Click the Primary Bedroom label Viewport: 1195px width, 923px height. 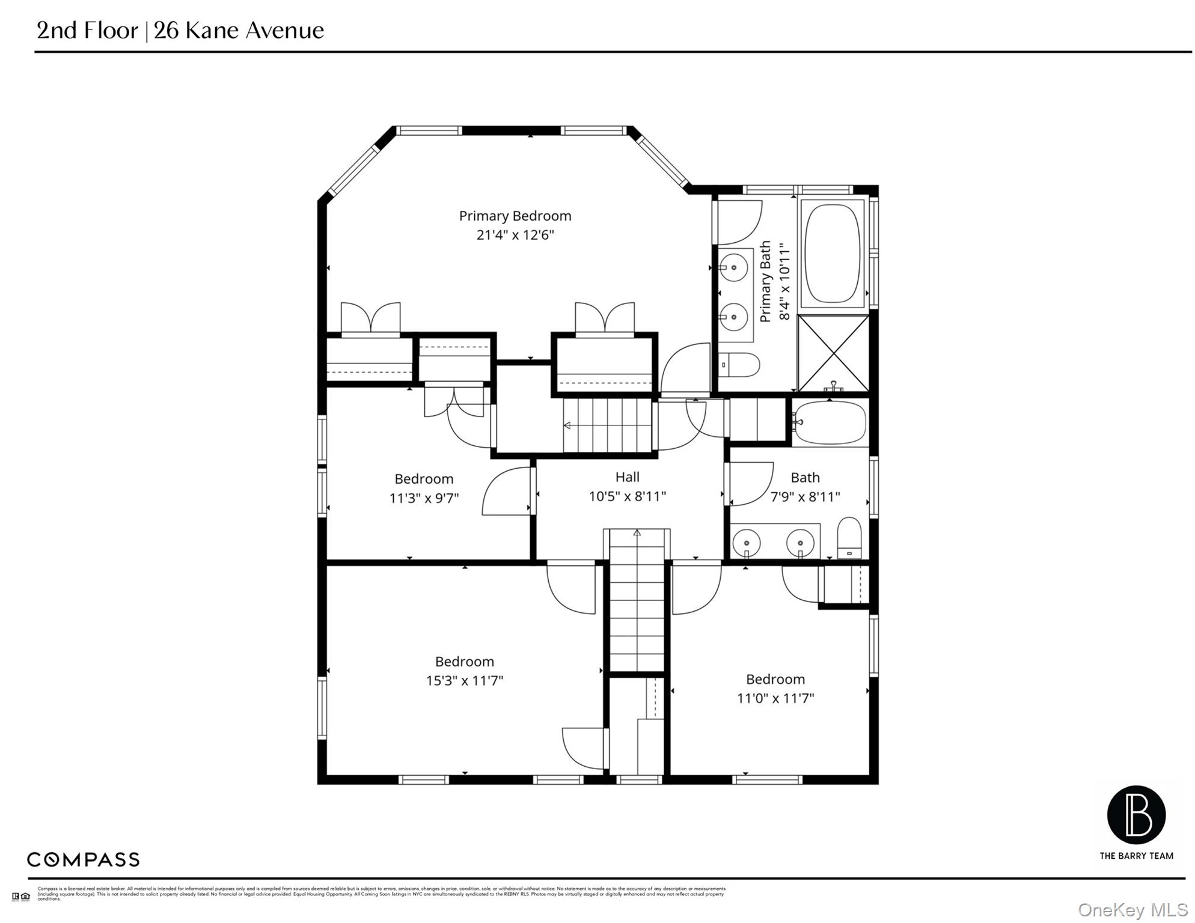point(515,216)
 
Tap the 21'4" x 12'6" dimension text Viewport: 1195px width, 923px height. point(515,235)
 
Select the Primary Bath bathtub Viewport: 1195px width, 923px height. point(833,254)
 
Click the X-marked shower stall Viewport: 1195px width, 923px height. point(833,353)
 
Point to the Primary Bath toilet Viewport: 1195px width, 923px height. point(740,364)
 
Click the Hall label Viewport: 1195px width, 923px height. point(627,477)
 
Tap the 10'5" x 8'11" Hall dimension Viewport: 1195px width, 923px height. point(627,496)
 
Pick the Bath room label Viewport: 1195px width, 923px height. point(805,478)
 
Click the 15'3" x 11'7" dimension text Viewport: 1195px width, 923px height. point(464,681)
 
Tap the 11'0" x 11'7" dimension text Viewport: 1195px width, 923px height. point(775,698)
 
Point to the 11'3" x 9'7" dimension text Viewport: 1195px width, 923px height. point(424,498)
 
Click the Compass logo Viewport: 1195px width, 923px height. point(83,859)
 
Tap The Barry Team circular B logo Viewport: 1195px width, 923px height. point(1136,815)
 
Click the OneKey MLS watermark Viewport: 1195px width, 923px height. point(1132,910)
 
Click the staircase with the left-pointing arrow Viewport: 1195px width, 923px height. point(607,425)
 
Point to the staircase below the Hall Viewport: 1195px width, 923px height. point(637,601)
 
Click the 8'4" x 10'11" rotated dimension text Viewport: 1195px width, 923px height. point(784,281)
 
